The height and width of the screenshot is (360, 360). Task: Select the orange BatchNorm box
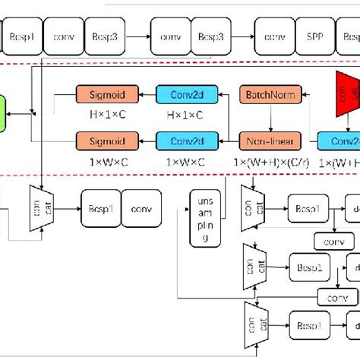(270, 95)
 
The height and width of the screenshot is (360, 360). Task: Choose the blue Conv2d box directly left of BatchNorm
(186, 95)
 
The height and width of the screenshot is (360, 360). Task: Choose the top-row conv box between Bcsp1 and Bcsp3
(63, 36)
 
